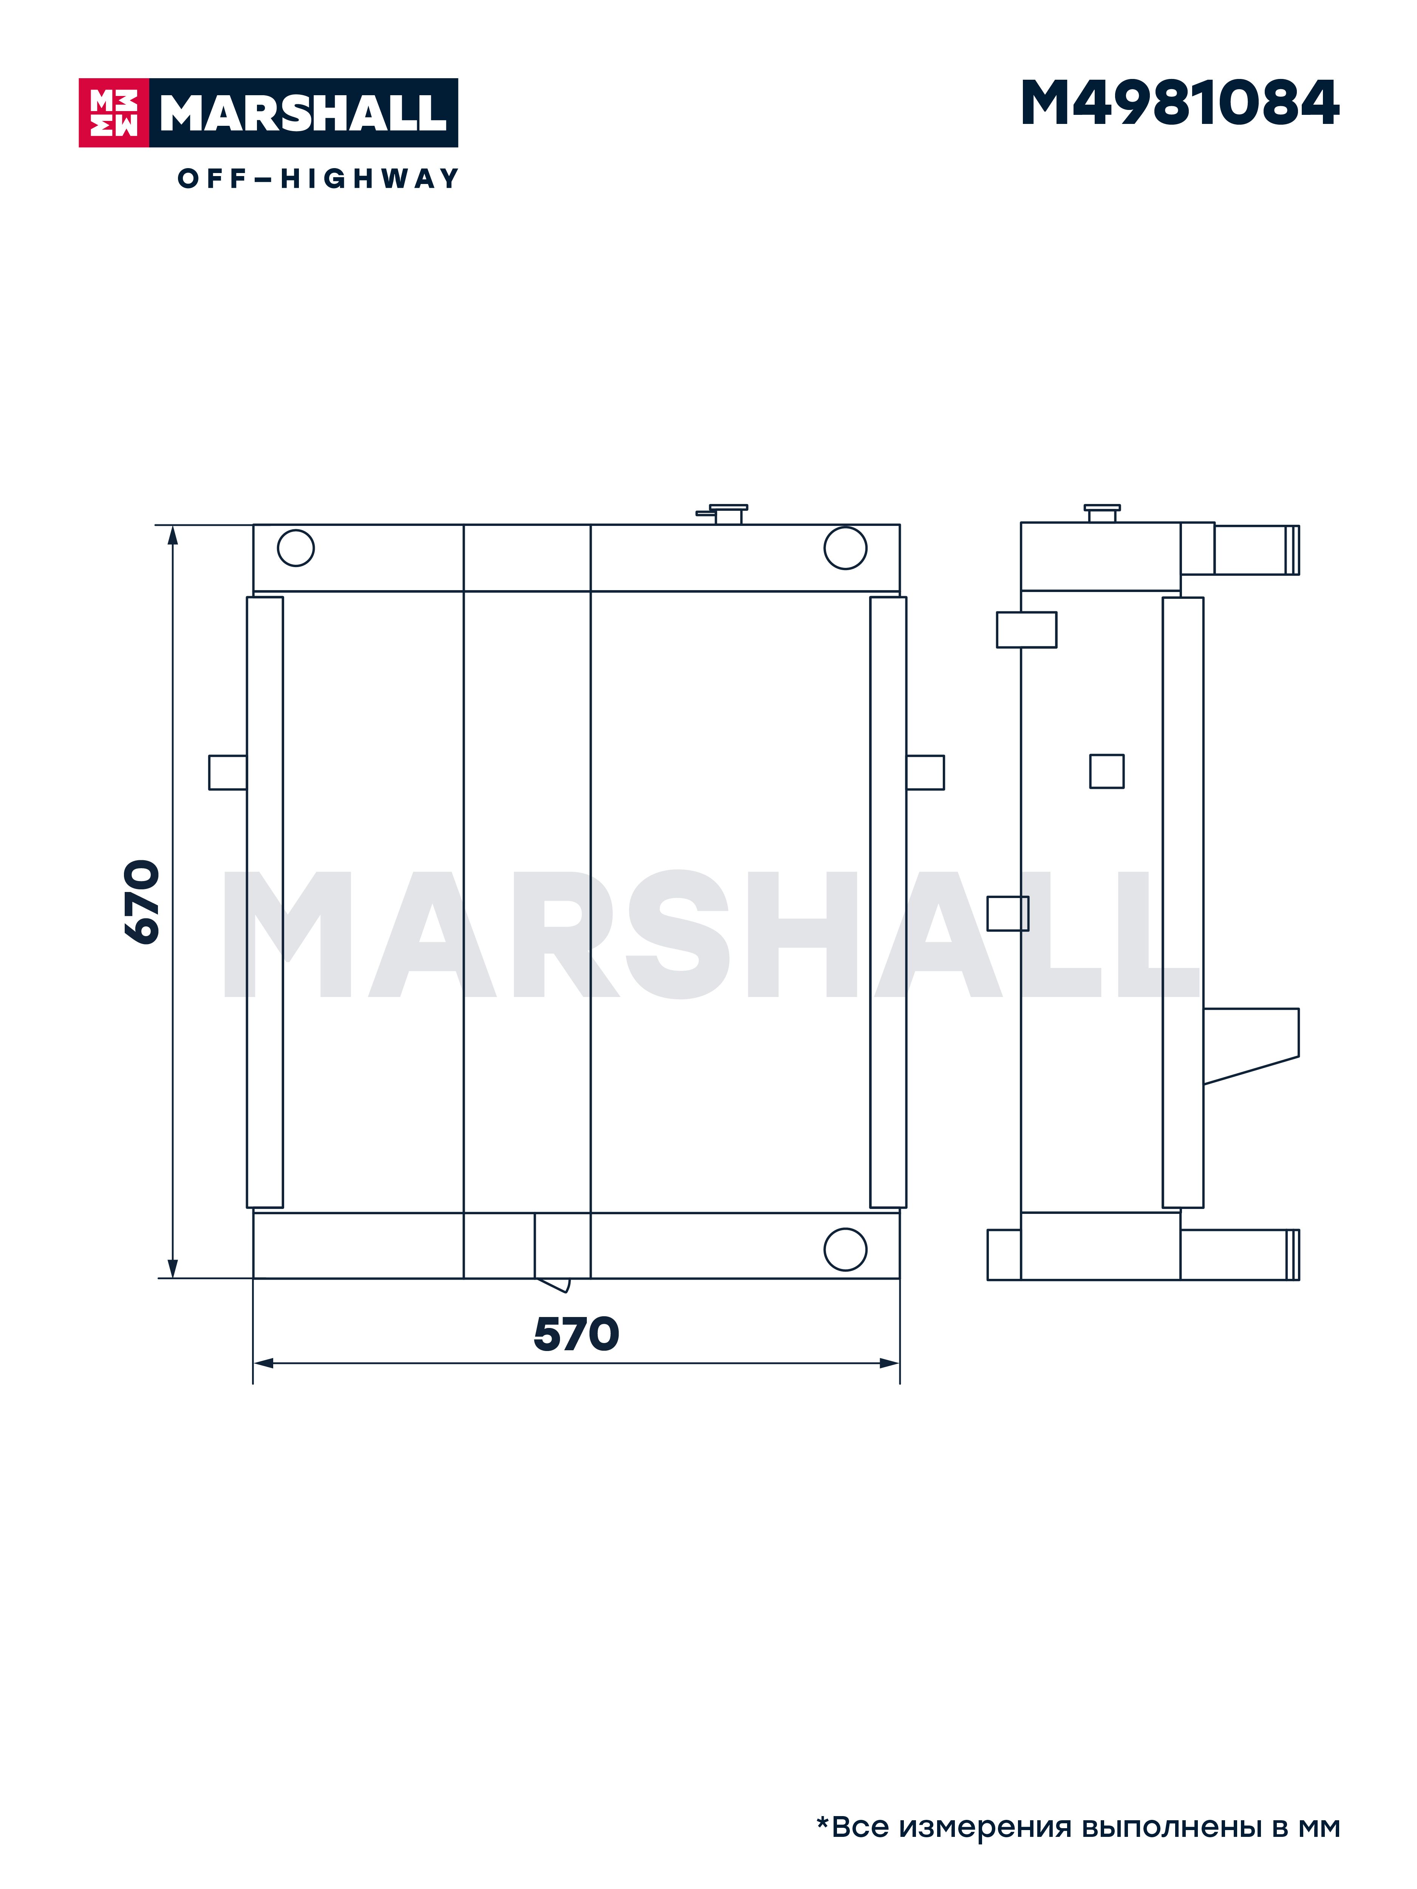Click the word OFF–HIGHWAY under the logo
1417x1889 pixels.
pos(318,178)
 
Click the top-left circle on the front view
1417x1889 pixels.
pos(295,547)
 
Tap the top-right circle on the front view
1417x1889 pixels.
pos(845,547)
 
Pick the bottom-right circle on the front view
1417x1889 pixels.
pos(845,1249)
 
